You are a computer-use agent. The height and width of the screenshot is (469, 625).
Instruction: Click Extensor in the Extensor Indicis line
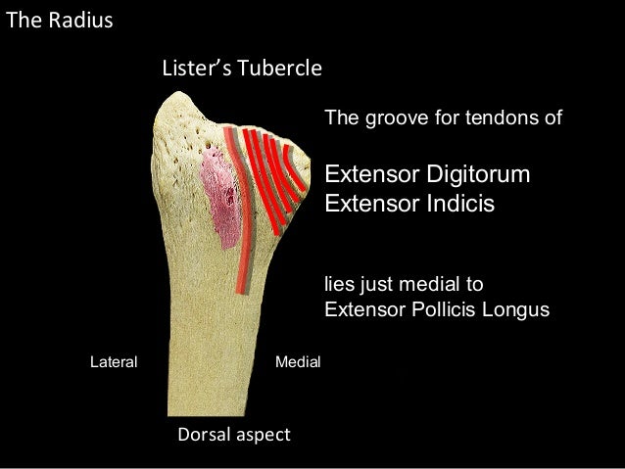pyautogui.click(x=367, y=206)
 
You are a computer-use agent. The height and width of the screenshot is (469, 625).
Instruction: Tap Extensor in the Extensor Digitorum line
pyautogui.click(x=367, y=176)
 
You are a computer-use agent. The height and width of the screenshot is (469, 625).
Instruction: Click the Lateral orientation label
pyautogui.click(x=114, y=361)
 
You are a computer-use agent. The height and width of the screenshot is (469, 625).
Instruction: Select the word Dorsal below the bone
pyautogui.click(x=203, y=434)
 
